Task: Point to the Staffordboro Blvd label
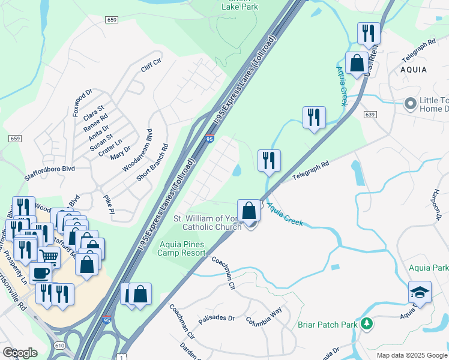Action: point(49,169)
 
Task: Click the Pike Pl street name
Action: point(108,203)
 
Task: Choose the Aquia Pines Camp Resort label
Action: point(182,248)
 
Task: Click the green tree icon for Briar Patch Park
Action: point(367,325)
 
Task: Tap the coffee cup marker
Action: point(41,273)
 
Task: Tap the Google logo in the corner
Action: point(20,353)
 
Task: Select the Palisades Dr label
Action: point(216,319)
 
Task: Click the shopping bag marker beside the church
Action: point(249,211)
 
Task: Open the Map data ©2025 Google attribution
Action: point(411,355)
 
